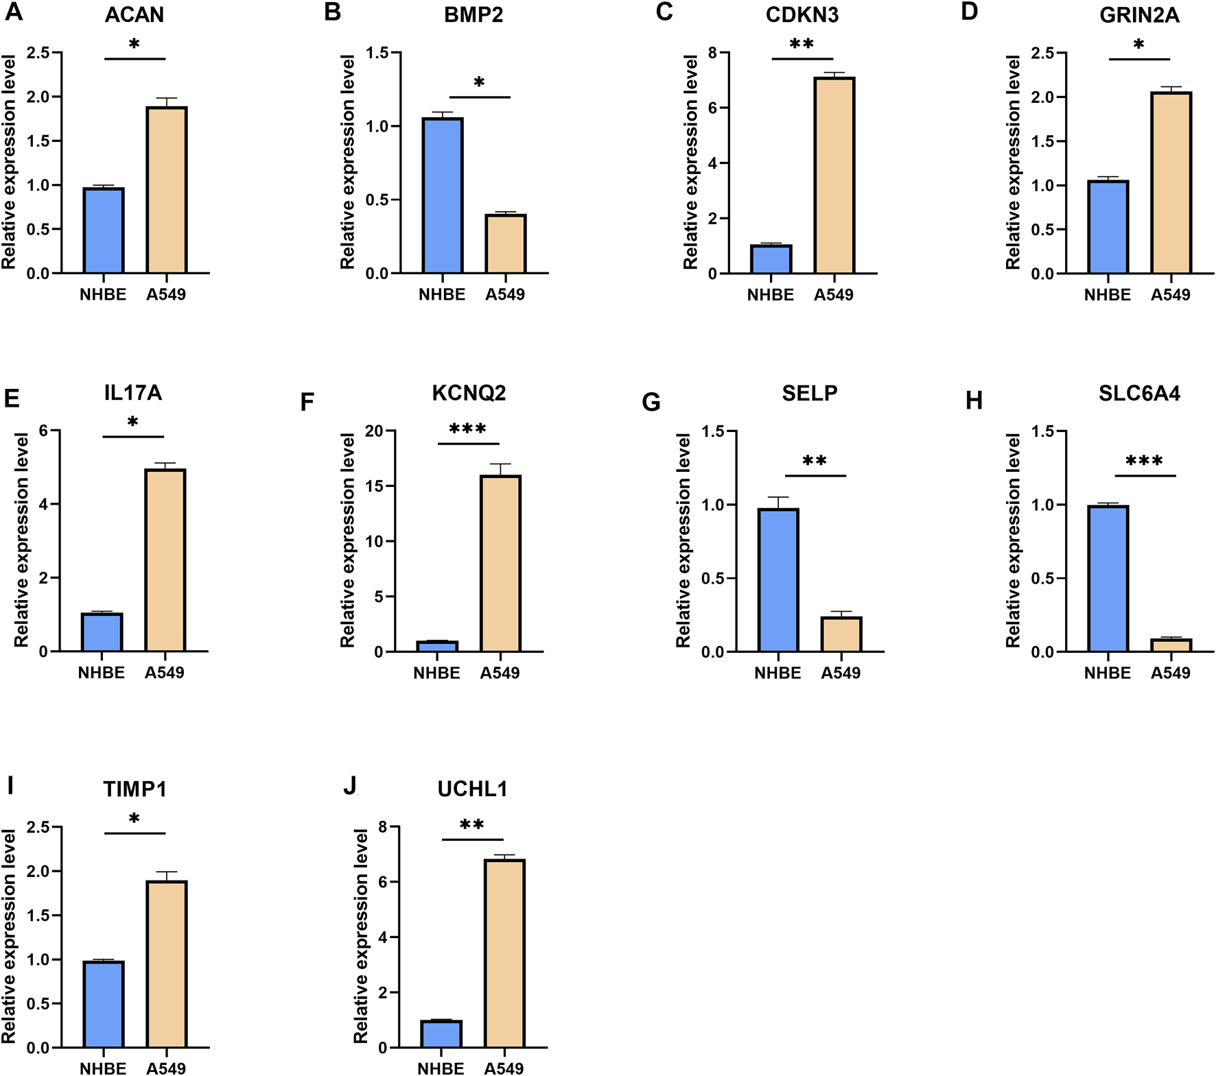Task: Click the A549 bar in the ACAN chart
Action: pyautogui.click(x=166, y=191)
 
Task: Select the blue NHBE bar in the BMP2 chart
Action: pyautogui.click(x=443, y=196)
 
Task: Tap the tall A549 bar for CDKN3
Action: pyautogui.click(x=834, y=176)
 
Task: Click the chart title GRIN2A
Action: pyautogui.click(x=1139, y=15)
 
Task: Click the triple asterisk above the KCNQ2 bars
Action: pyautogui.click(x=468, y=430)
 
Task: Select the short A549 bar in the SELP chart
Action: pyautogui.click(x=841, y=634)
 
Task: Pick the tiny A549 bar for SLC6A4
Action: pyautogui.click(x=1171, y=645)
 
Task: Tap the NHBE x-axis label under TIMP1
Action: pyautogui.click(x=103, y=1068)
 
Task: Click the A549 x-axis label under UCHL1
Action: pyautogui.click(x=504, y=1068)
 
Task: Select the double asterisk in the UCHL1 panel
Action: pyautogui.click(x=472, y=825)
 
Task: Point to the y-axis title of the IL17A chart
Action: pyautogui.click(x=22, y=540)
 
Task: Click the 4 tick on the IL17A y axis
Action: pyautogui.click(x=43, y=504)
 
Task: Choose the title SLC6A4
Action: pyautogui.click(x=1139, y=394)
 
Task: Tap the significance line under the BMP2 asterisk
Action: pyautogui.click(x=480, y=97)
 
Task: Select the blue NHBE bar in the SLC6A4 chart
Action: pyautogui.click(x=1108, y=578)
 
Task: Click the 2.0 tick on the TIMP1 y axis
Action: pyautogui.click(x=38, y=872)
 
